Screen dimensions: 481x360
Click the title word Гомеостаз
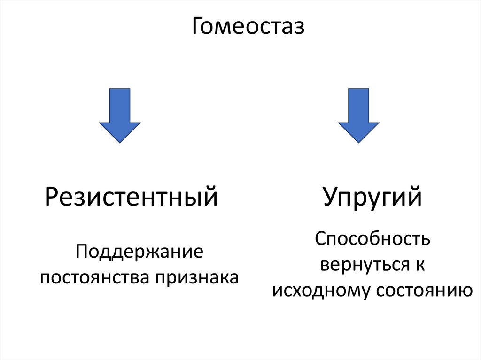click(248, 27)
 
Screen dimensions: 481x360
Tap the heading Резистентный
click(132, 198)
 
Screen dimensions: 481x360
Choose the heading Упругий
click(372, 198)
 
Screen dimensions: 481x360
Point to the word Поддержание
click(139, 254)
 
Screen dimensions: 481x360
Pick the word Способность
click(372, 240)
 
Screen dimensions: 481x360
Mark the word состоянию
click(423, 291)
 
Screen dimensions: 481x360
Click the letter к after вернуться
click(419, 265)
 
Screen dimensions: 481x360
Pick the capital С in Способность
click(320, 239)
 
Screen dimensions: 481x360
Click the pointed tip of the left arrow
click(119, 142)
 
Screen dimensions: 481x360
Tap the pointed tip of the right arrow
click(358, 142)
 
